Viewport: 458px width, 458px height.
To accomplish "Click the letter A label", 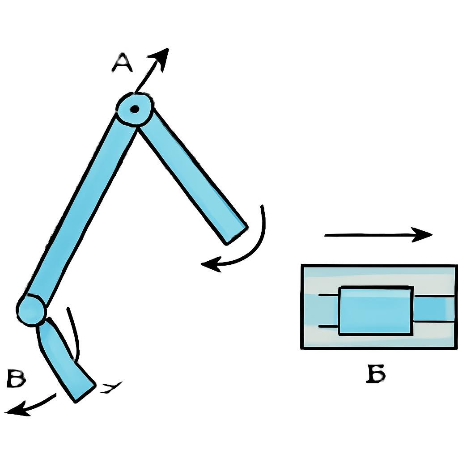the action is tap(122, 63).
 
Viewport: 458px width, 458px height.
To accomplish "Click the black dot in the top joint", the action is tap(135, 109).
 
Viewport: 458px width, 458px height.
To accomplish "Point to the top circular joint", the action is tap(135, 109).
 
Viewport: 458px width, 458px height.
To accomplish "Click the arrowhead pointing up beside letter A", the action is tap(159, 59).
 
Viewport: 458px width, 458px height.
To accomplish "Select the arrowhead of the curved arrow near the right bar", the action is tap(211, 264).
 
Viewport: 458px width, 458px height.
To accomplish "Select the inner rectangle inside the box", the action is tap(376, 310).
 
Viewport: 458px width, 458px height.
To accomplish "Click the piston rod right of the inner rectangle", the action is tap(434, 310).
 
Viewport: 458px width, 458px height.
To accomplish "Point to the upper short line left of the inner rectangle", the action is tap(328, 296).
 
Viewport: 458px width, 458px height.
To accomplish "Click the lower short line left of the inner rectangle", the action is tap(328, 326).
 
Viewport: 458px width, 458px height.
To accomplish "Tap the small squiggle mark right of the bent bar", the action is tap(111, 387).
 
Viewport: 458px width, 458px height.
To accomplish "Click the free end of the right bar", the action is tap(236, 235).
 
